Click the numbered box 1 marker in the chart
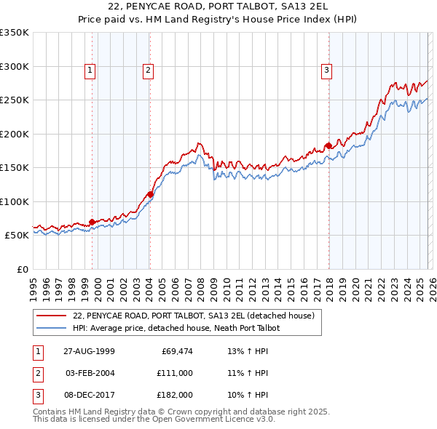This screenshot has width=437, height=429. click(x=90, y=71)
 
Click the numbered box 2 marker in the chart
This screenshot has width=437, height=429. click(x=147, y=71)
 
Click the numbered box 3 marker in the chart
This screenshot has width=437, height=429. click(x=326, y=71)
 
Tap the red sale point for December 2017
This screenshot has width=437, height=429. click(x=328, y=145)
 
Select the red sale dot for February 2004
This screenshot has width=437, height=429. click(x=150, y=194)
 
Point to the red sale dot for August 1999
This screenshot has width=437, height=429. click(x=92, y=222)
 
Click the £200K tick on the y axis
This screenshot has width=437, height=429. click(x=14, y=134)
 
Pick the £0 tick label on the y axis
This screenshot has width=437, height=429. click(x=22, y=269)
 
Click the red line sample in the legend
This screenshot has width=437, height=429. click(x=51, y=316)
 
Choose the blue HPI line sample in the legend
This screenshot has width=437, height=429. click(x=51, y=328)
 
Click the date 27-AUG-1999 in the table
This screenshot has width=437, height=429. click(x=89, y=350)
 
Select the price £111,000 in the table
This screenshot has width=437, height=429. click(x=174, y=372)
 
